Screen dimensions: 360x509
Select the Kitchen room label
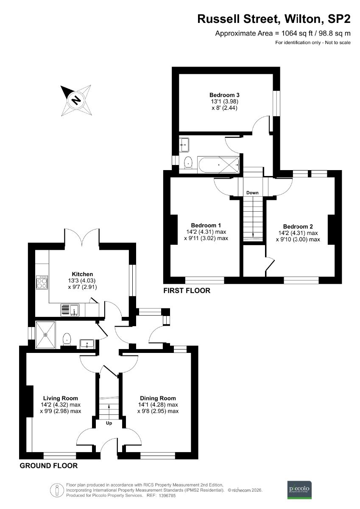click(x=82, y=274)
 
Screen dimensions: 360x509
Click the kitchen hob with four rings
click(x=42, y=282)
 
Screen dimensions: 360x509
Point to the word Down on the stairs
click(x=252, y=193)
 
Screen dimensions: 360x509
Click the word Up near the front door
click(x=109, y=422)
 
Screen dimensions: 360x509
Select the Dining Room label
click(x=158, y=398)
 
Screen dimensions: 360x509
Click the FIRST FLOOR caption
click(x=187, y=291)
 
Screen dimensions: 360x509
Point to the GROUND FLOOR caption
click(x=49, y=465)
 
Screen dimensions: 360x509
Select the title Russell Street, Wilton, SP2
click(x=274, y=19)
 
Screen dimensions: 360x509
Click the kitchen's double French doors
click(x=82, y=238)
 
